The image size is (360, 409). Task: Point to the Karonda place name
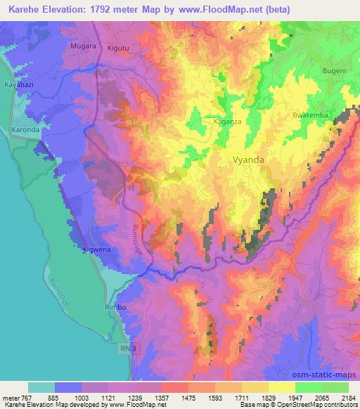click(x=27, y=131)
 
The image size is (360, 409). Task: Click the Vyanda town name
click(x=248, y=160)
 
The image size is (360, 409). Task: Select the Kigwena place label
click(x=96, y=249)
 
